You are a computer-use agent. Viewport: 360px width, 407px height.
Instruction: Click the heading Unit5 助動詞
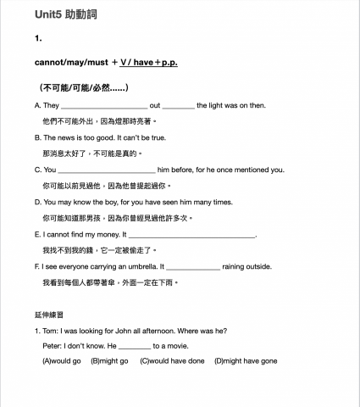tap(61, 15)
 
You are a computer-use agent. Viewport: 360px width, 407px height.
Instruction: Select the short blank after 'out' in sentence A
tap(178, 106)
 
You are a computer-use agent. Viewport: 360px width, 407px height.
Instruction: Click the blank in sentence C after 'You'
tap(106, 170)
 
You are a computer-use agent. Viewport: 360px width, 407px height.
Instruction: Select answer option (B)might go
tap(109, 361)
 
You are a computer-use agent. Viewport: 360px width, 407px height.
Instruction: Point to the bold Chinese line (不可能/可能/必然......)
tap(83, 87)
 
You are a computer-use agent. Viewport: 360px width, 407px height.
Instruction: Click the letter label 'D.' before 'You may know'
tap(38, 202)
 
